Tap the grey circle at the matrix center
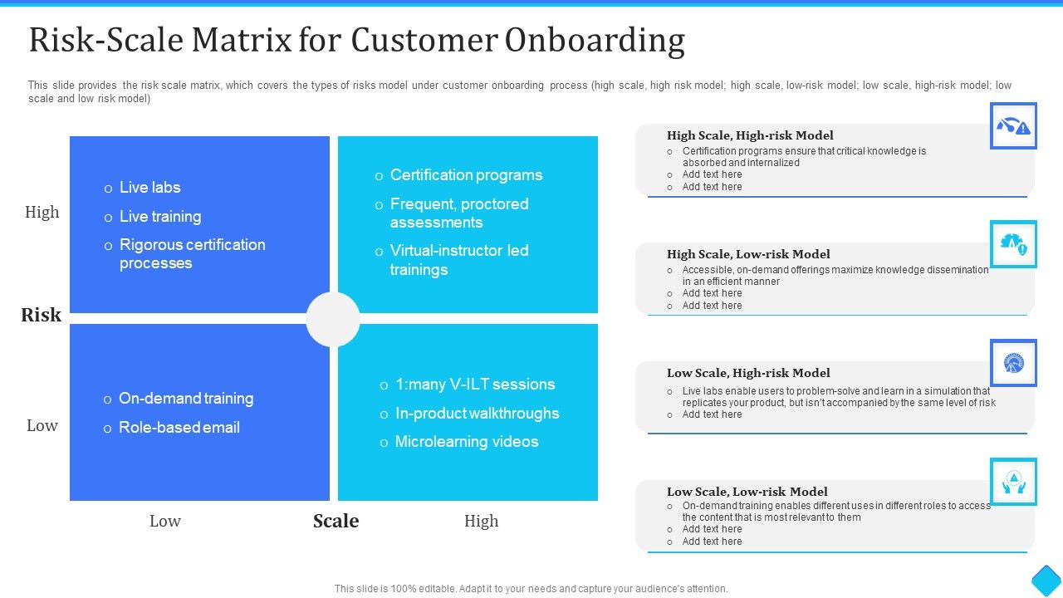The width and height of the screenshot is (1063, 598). (x=333, y=320)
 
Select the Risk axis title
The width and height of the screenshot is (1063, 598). (x=42, y=315)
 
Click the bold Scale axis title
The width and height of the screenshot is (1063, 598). (x=336, y=521)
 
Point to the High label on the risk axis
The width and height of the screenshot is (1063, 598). (x=42, y=212)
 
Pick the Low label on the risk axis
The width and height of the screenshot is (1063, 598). (x=42, y=425)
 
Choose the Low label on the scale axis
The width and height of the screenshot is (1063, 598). (x=165, y=521)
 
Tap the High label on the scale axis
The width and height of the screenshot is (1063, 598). (x=482, y=521)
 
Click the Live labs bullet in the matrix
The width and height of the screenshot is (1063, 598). (x=149, y=188)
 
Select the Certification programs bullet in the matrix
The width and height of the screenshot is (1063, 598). (x=466, y=175)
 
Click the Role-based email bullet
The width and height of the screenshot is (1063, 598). (x=179, y=428)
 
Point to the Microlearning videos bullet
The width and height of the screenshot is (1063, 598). (x=467, y=442)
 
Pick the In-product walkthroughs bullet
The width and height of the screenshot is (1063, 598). (x=477, y=414)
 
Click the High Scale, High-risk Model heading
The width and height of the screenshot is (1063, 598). (x=750, y=135)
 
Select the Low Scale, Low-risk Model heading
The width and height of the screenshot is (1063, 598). (x=747, y=492)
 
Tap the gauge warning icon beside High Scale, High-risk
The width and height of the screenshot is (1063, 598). (x=1013, y=126)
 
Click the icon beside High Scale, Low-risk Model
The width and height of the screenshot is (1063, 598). (x=1013, y=244)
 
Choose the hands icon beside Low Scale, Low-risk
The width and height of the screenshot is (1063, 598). (x=1013, y=482)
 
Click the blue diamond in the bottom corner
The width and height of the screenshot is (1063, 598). (x=1046, y=580)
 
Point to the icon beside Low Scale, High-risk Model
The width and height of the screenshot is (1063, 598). (x=1013, y=363)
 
